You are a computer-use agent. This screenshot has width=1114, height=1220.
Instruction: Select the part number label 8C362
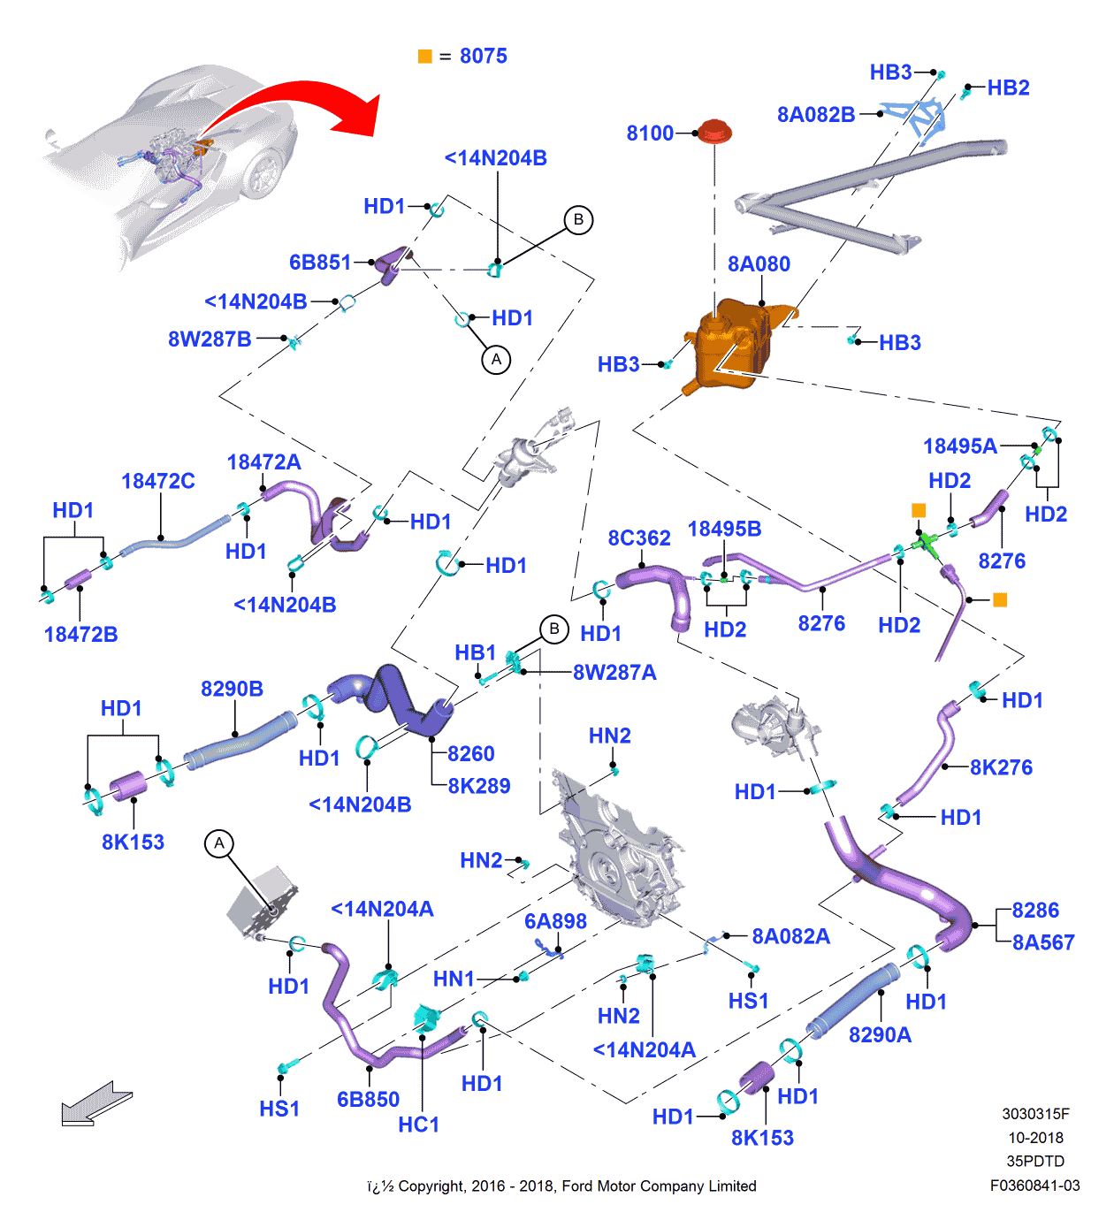tap(639, 538)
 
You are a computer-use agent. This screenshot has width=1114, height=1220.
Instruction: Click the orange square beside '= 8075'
tap(425, 57)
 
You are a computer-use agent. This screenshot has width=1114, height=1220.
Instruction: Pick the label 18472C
tap(158, 481)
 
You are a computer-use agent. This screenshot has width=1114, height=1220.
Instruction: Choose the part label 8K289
tap(479, 786)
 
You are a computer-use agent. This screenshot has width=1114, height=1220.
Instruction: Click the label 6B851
tap(320, 263)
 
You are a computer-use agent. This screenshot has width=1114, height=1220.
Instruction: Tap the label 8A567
tap(1043, 942)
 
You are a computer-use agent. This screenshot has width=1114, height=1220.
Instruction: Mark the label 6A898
tap(555, 921)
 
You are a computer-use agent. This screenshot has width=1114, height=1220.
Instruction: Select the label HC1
tap(419, 1125)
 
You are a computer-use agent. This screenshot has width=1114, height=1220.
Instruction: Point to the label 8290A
tap(880, 1034)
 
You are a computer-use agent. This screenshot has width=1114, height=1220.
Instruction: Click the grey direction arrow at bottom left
tap(95, 1104)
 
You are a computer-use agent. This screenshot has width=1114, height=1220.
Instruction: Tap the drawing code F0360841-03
tap(1034, 1186)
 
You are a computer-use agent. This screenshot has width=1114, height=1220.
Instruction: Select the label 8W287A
tap(614, 673)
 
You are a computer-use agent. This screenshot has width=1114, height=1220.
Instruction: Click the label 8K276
tap(1001, 767)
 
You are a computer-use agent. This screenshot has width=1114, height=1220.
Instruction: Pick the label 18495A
tap(960, 446)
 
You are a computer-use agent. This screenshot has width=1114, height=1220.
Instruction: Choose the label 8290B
tap(232, 689)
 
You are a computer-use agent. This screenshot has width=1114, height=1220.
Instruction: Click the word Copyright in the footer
tap(431, 1186)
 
